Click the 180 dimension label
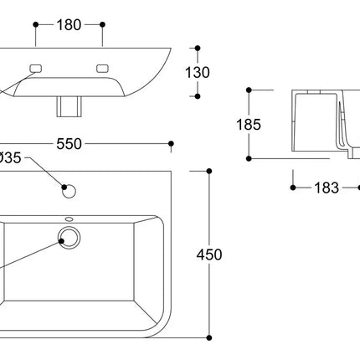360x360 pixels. point(69,25)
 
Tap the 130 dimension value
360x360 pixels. point(198,73)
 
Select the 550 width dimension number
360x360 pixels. point(69,144)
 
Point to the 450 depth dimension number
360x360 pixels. point(209,255)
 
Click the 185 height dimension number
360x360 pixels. point(249,125)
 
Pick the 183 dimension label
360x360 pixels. point(327,188)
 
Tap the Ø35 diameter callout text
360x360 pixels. point(10,158)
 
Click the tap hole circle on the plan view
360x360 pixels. point(69,191)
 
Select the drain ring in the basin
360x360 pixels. point(69,238)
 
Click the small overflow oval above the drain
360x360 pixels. point(69,219)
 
